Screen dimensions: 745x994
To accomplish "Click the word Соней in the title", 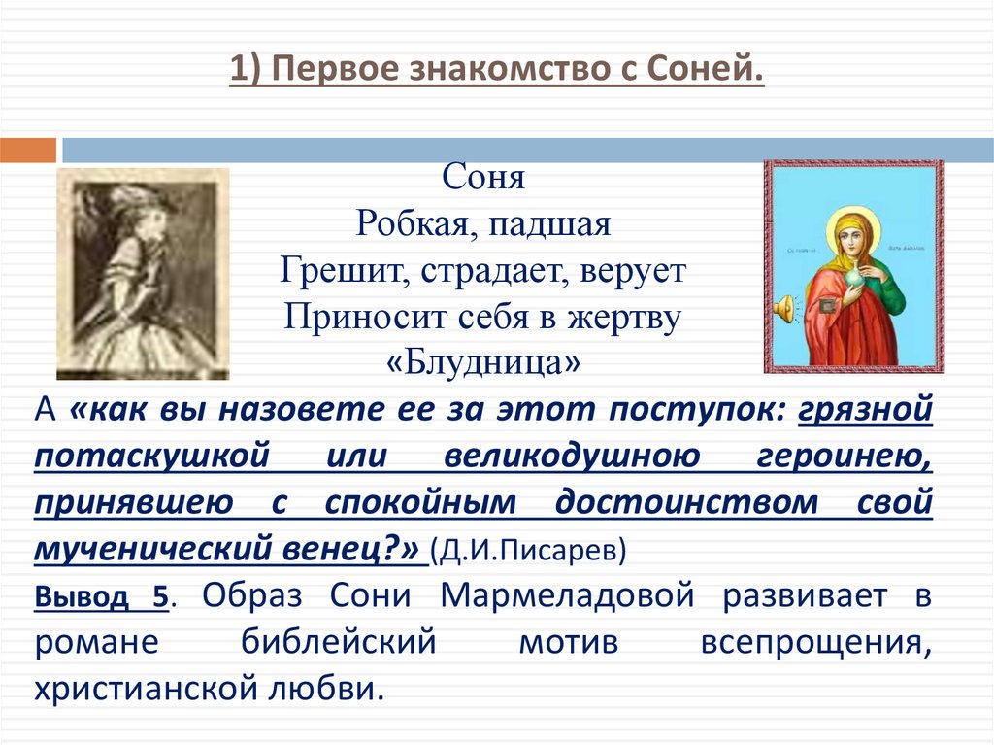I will tap(706, 71).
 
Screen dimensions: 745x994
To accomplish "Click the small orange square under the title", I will tap(27, 151).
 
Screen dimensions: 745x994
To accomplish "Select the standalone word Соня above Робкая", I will tap(483, 179).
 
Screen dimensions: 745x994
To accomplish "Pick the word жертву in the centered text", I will tap(630, 318).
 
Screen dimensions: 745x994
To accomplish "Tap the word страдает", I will tap(498, 271).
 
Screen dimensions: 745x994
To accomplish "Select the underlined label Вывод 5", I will tap(102, 597).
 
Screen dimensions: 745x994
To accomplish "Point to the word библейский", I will tap(308, 642).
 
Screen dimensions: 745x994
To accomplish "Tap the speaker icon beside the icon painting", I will tap(784, 310).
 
